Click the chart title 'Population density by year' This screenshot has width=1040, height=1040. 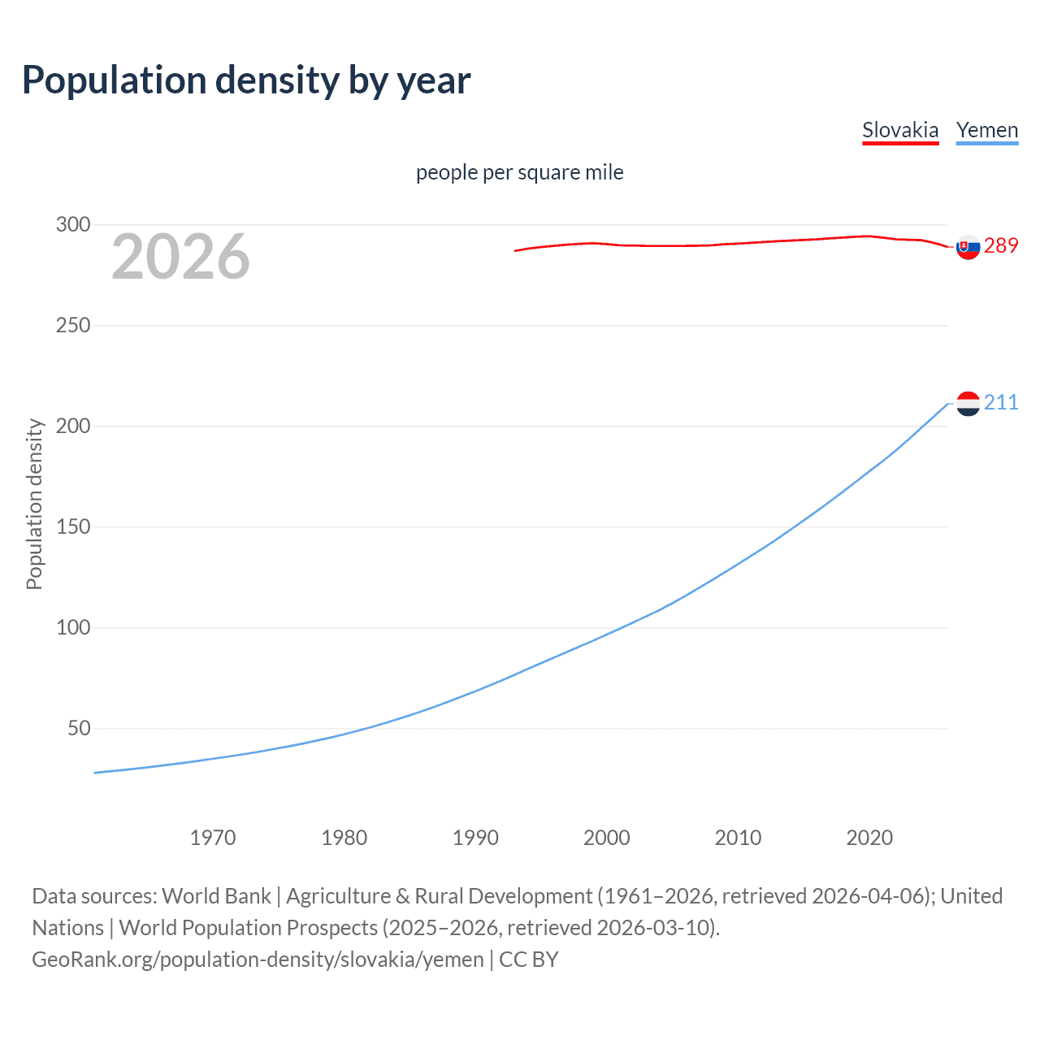click(x=246, y=80)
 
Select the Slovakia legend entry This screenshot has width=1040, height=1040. click(x=900, y=130)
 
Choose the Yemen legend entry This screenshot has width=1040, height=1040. click(x=986, y=130)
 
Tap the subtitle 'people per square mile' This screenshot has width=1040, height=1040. click(x=519, y=172)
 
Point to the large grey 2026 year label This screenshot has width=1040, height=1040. click(x=180, y=257)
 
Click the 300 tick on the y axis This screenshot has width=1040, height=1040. click(x=72, y=225)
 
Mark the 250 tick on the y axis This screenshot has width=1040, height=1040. click(x=72, y=326)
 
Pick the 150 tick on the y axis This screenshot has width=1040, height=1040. click(x=72, y=527)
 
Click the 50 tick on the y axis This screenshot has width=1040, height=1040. click(x=79, y=729)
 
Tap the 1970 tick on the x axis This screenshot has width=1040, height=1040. click(x=213, y=838)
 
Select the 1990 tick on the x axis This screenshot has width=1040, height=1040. click(x=475, y=838)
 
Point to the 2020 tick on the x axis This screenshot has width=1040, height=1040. click(x=869, y=838)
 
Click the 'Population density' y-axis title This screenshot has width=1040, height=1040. click(x=34, y=504)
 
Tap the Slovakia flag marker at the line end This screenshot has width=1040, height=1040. click(x=968, y=247)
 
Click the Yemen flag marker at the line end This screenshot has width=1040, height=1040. click(x=968, y=403)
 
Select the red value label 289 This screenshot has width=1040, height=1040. click(x=1001, y=246)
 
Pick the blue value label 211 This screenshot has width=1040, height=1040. click(x=1001, y=403)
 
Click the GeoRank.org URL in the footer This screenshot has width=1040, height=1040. click(x=258, y=960)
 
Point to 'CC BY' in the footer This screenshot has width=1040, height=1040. click(x=529, y=960)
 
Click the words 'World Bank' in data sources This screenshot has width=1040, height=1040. click(x=216, y=896)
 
